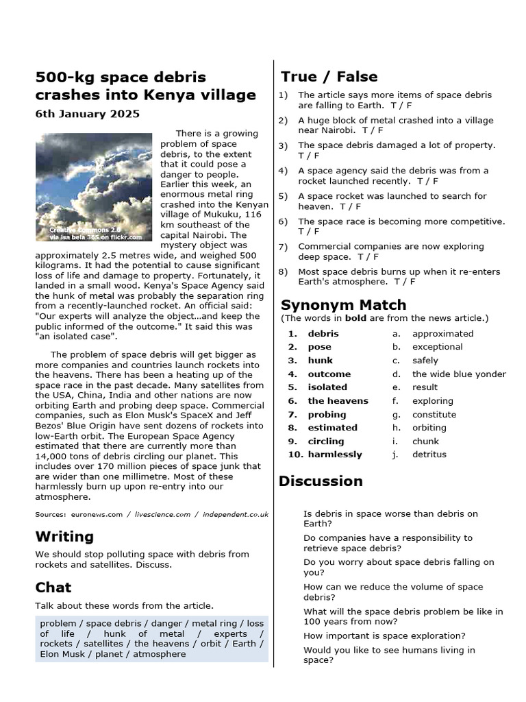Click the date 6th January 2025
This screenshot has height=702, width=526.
[x=88, y=114]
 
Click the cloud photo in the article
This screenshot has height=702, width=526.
[x=94, y=187]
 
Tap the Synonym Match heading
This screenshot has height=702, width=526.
[x=343, y=304]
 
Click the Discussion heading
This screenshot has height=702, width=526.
[x=321, y=481]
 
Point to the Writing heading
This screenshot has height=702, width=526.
[x=64, y=536]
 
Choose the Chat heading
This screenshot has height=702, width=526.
[x=53, y=587]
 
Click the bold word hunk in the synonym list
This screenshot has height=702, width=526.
[x=320, y=361]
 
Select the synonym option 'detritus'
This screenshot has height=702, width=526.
[x=429, y=455]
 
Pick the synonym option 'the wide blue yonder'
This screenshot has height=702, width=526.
[x=459, y=374]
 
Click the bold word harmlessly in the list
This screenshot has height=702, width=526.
[x=335, y=455]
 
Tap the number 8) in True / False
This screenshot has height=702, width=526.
[x=283, y=271]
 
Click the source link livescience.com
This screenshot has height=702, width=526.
[x=162, y=514]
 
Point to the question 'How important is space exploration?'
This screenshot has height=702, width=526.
[x=384, y=636]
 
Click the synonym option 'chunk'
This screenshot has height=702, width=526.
[x=425, y=441]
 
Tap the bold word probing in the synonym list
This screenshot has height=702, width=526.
[x=327, y=415]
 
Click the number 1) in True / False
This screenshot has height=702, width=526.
[x=283, y=95]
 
